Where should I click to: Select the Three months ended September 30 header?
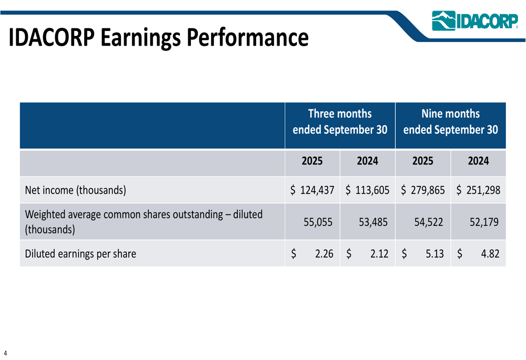point(340,122)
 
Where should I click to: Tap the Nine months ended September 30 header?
point(450,122)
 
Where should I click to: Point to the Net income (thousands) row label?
point(76,190)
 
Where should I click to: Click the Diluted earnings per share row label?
point(80,254)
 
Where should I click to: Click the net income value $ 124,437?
point(312,190)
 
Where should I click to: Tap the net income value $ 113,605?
point(367,190)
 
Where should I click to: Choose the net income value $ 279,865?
point(423,190)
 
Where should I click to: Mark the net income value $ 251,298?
point(478,190)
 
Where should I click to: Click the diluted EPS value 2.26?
point(325,254)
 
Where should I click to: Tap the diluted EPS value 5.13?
point(435,254)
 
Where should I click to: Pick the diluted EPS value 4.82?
point(490,254)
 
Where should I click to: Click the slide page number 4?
point(5,352)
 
